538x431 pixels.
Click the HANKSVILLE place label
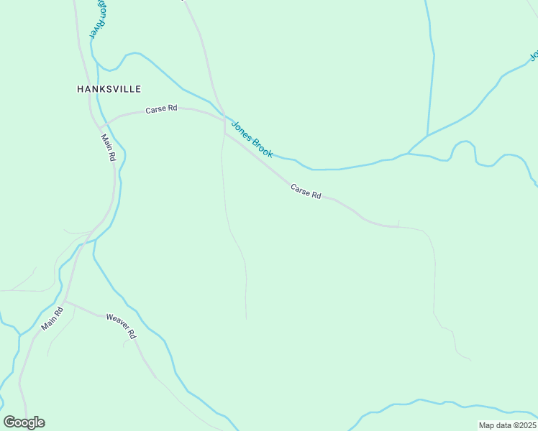tap(109, 89)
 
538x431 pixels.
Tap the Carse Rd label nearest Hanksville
tap(161, 110)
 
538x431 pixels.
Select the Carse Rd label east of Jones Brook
tap(306, 191)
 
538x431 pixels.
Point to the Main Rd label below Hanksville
tap(109, 147)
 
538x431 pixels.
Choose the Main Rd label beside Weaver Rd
tap(53, 319)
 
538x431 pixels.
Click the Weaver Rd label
tap(121, 325)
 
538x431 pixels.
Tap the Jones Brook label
tap(252, 140)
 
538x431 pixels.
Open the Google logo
tap(24, 422)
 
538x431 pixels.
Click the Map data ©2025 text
tap(507, 425)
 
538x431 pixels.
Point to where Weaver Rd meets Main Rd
tap(66, 302)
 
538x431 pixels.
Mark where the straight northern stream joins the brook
tap(427, 136)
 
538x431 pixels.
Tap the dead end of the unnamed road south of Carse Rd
tap(246, 318)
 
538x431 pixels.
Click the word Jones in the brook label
tap(240, 131)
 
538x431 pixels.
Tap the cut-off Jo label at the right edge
tap(534, 55)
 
